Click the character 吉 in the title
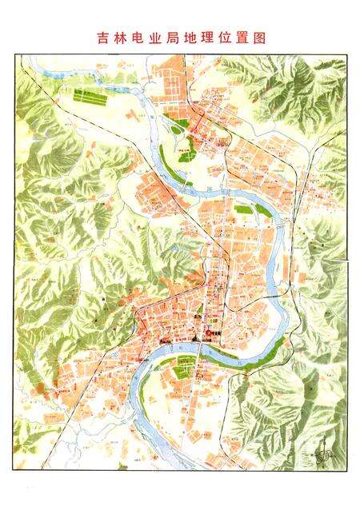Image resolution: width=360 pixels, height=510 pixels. tap(102, 38)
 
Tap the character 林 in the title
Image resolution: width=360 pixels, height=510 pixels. tap(122, 38)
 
